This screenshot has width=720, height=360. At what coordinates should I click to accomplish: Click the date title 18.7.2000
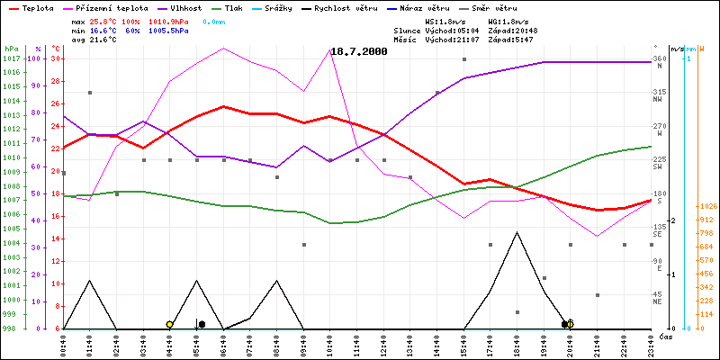[359, 52]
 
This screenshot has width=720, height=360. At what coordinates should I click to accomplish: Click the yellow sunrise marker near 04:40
[169, 324]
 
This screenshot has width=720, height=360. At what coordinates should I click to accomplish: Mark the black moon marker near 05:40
[202, 324]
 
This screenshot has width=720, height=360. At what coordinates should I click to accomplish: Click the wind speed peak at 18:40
[517, 232]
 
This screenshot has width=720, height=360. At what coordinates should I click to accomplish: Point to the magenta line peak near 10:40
[330, 48]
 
